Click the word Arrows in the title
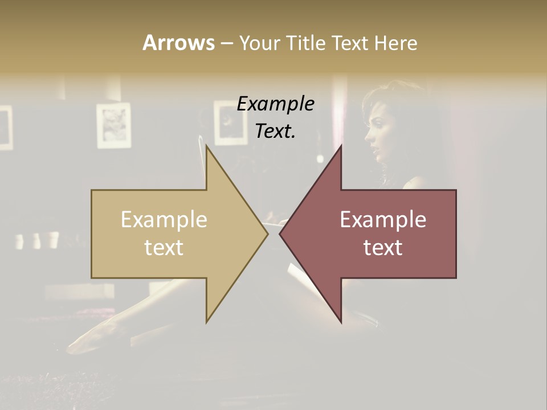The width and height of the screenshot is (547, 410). tap(178, 43)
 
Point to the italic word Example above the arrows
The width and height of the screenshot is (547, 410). tap(276, 104)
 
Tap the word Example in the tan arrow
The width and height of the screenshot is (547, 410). tap(164, 220)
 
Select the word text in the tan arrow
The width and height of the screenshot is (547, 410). tap(164, 248)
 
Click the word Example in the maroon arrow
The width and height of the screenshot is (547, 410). tap(383, 220)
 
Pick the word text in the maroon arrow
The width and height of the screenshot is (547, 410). tap(383, 248)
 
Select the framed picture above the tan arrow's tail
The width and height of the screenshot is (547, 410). tap(113, 125)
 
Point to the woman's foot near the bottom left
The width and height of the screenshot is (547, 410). tap(91, 336)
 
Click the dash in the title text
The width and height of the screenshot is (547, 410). tap(226, 43)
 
